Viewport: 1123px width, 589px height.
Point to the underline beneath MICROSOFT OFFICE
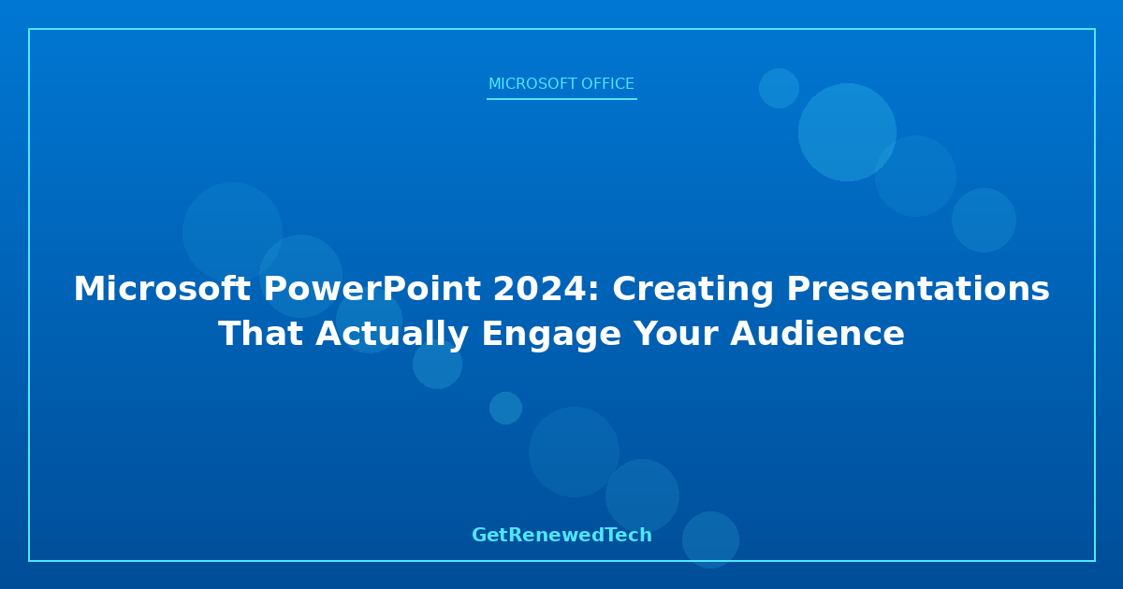point(561,99)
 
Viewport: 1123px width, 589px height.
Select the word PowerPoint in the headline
point(372,289)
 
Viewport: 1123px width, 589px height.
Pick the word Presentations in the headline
point(918,289)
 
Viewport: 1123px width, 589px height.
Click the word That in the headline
point(261,333)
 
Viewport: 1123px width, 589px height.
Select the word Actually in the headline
point(392,335)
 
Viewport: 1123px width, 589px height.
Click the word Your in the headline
point(676,333)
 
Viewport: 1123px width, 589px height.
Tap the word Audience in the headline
point(817,333)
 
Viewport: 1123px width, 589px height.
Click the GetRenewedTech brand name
point(561,535)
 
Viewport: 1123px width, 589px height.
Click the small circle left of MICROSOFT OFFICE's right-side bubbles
point(779,88)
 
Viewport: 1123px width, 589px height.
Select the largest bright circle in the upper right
point(847,132)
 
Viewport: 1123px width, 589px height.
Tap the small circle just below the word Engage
point(505,408)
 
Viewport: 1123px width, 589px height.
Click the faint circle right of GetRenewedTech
point(710,540)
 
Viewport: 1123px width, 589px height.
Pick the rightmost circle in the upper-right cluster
point(984,220)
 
